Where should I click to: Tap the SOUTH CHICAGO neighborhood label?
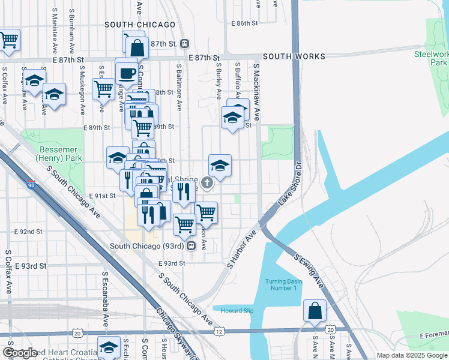[140, 25]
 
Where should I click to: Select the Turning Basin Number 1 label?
[282, 284]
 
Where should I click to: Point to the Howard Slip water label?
[237, 310]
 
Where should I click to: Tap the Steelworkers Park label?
[431, 58]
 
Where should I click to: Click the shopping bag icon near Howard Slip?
[315, 311]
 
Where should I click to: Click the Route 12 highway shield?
[220, 331]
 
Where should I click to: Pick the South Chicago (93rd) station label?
[148, 246]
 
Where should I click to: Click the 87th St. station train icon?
[185, 43]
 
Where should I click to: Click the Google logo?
[20, 353]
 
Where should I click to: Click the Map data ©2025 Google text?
[411, 355]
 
